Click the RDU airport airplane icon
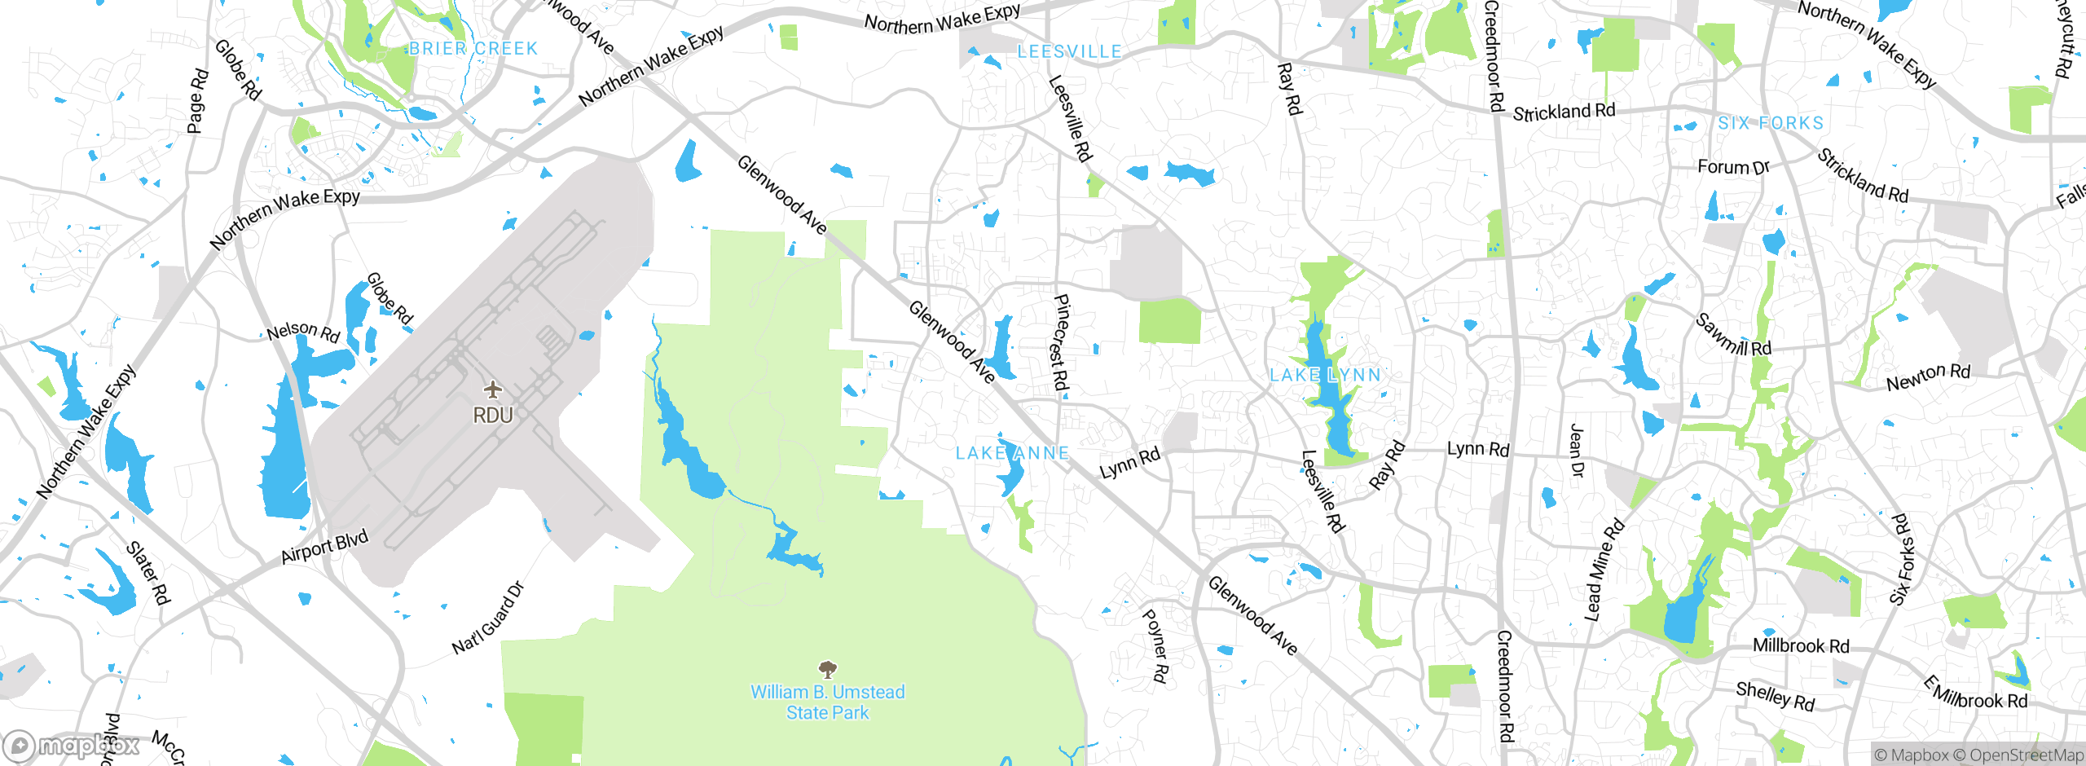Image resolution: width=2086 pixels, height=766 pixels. click(x=493, y=389)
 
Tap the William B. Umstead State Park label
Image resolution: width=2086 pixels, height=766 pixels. click(x=827, y=702)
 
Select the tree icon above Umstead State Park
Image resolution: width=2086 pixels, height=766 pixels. click(x=828, y=670)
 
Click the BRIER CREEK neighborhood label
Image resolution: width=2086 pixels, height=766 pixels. click(x=473, y=49)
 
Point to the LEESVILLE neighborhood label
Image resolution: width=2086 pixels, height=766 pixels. click(x=1069, y=52)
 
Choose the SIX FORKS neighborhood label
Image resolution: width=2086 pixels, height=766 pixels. click(x=1770, y=123)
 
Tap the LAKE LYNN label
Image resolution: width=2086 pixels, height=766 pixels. click(x=1326, y=376)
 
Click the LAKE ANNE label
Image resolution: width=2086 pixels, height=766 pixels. click(x=1012, y=453)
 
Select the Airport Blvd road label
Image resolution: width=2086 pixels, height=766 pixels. click(x=324, y=547)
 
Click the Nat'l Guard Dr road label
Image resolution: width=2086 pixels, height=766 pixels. click(x=488, y=619)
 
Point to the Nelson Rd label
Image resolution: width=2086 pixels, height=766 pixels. click(x=303, y=332)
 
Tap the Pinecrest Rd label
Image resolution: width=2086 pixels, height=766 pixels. click(x=1060, y=342)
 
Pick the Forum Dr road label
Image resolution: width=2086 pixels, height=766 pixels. click(x=1733, y=167)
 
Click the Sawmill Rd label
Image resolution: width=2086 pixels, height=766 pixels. click(x=1733, y=334)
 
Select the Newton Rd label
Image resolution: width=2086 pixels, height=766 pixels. click(x=1928, y=376)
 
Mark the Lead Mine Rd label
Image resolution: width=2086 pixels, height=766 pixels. click(x=1603, y=570)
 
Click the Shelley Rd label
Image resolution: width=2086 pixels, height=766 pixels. click(x=1775, y=696)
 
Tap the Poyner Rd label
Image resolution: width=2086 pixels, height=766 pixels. click(x=1155, y=645)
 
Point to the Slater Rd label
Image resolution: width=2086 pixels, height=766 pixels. click(x=148, y=573)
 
